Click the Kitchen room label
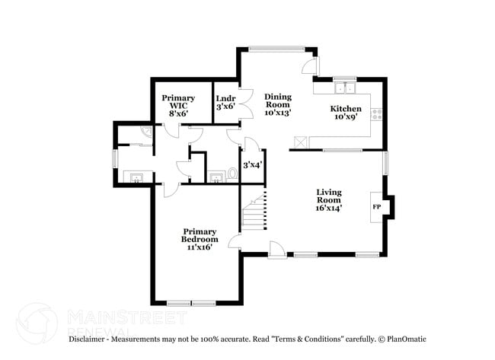coord(345,109)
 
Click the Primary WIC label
coord(178,98)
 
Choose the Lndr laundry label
coord(225,98)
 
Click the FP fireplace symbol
coord(376,206)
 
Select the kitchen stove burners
coord(375,115)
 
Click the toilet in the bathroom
coord(232,174)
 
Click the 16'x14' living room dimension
coord(330,207)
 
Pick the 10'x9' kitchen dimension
coord(345,118)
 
